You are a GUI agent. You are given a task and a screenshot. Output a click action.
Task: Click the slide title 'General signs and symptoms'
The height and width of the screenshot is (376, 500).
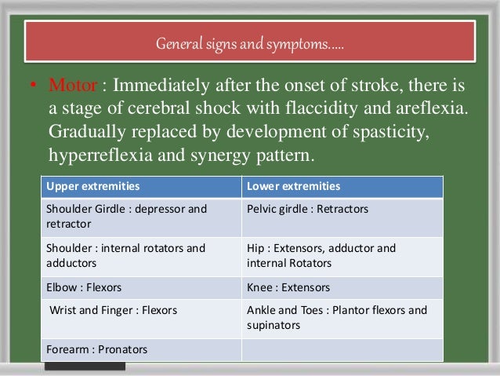250,43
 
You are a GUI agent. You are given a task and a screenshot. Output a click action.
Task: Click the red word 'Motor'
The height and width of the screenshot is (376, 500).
72,84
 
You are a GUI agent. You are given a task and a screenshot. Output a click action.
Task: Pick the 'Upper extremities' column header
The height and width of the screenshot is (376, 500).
93,187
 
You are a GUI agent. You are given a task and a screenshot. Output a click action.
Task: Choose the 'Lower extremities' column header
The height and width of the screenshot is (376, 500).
293,187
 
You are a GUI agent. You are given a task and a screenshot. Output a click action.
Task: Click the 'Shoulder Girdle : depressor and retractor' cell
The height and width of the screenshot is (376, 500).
126,217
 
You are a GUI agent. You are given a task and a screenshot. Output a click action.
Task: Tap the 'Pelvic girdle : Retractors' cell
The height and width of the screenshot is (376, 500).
307,210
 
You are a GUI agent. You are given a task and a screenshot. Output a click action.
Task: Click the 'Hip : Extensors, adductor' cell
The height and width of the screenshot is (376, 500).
321,255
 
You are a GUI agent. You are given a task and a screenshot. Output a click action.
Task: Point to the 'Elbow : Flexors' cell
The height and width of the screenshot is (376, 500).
85,287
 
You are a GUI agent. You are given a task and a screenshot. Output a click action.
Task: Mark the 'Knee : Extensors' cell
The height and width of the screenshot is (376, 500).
288,287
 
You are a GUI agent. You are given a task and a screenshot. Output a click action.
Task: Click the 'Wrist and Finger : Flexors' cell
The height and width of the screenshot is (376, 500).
113,310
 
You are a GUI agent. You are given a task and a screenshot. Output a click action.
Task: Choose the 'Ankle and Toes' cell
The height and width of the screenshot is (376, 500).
337,317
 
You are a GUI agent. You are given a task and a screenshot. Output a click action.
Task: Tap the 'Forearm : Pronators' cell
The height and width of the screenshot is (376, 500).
97,349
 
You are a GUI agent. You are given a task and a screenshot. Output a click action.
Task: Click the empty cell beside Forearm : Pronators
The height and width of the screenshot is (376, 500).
342,349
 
